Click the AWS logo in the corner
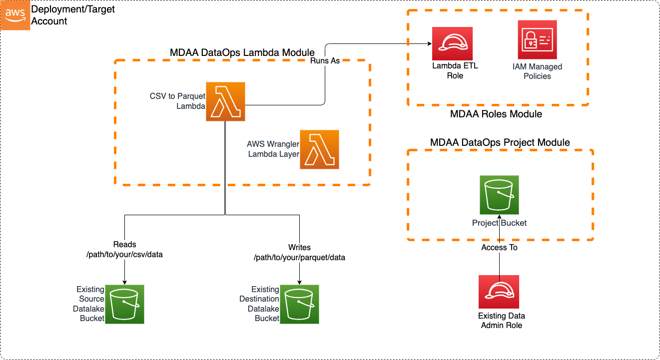click(x=15, y=15)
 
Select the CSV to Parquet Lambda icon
click(x=225, y=102)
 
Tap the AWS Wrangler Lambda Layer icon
click(x=319, y=149)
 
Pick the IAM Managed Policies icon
click(x=537, y=40)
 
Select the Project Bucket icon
click(x=499, y=195)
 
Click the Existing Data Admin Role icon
click(x=498, y=292)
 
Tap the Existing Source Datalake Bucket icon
click(x=124, y=304)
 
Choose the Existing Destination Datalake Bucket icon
click(x=299, y=304)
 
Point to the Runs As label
click(x=325, y=61)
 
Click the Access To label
click(x=499, y=247)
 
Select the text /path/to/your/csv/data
click(x=124, y=254)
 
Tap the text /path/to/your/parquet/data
click(x=299, y=258)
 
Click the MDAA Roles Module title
click(x=496, y=114)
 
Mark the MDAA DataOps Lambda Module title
click(x=242, y=52)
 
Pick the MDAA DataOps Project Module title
click(x=500, y=142)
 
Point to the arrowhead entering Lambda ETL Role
click(x=429, y=44)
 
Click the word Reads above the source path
click(x=124, y=245)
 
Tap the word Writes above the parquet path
click(x=299, y=248)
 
